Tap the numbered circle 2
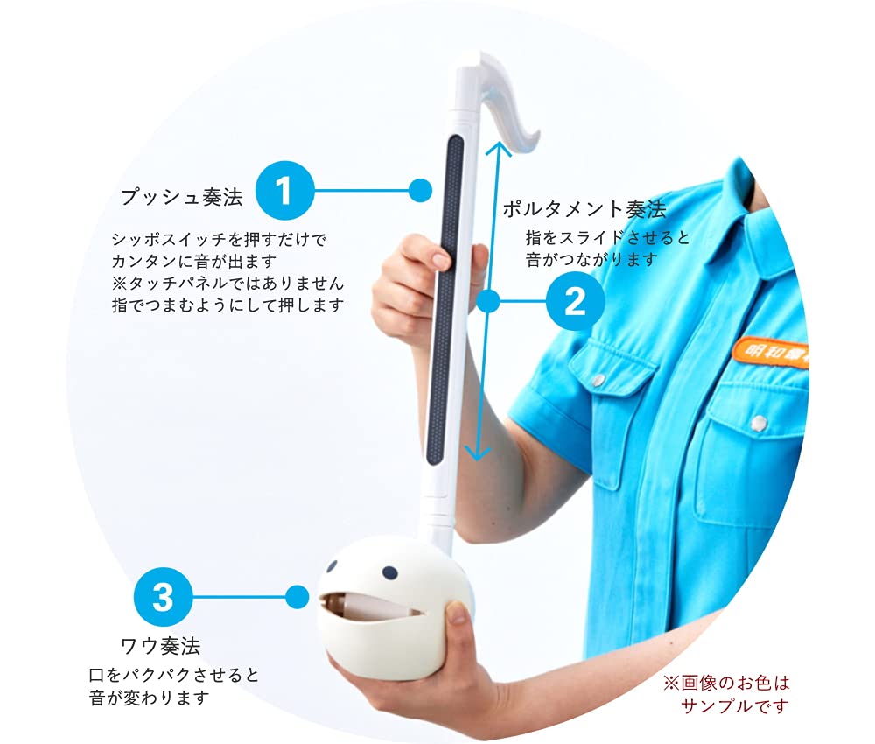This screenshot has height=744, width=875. (x=575, y=302)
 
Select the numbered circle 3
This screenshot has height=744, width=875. (x=163, y=598)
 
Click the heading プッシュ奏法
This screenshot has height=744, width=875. (x=182, y=197)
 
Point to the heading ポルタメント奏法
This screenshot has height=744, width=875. (x=584, y=209)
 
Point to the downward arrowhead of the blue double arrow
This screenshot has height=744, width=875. (x=475, y=453)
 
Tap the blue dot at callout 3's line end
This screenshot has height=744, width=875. (x=297, y=598)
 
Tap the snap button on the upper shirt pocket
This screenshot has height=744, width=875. (x=598, y=378)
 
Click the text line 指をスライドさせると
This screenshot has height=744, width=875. (x=607, y=237)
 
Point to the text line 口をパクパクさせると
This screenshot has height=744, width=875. (x=174, y=676)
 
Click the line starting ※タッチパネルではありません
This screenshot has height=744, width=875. (x=227, y=283)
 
